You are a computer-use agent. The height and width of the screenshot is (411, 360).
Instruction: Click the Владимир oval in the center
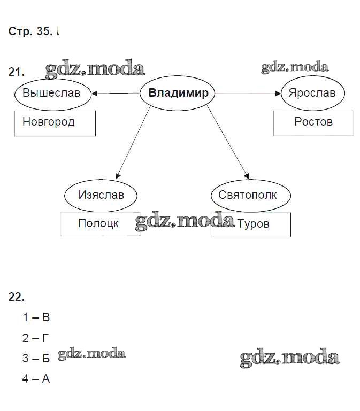[178, 94]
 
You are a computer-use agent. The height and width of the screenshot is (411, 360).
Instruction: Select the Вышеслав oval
[51, 93]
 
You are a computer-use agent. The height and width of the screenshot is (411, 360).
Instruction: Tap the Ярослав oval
[312, 93]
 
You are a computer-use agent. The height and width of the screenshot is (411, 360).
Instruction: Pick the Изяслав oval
[101, 195]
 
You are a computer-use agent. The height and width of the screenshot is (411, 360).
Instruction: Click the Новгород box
[55, 123]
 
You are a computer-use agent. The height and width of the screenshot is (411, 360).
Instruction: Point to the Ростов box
[313, 123]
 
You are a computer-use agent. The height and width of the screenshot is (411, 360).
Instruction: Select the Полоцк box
[99, 224]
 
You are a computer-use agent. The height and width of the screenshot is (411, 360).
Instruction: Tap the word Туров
[253, 224]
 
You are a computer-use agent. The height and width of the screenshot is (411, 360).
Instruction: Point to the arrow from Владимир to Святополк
[227, 142]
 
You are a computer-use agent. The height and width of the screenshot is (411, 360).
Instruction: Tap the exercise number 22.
[17, 297]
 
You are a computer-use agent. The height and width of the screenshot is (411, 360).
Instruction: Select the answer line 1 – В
[36, 317]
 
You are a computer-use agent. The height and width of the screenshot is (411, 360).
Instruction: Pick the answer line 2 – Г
[36, 338]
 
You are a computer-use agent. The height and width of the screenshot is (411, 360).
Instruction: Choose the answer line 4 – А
[36, 379]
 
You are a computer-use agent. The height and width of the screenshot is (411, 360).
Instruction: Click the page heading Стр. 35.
[30, 32]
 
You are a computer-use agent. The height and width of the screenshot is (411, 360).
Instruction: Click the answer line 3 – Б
[36, 358]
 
